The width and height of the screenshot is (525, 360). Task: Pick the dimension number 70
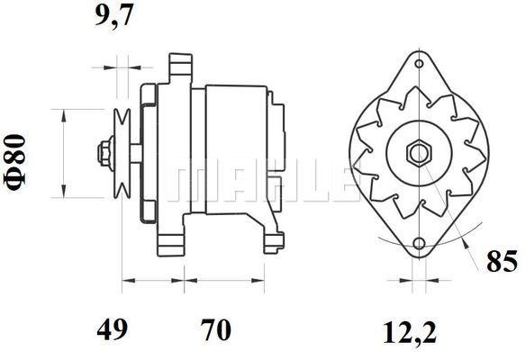(x=216, y=329)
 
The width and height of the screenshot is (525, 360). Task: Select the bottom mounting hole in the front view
(x=420, y=244)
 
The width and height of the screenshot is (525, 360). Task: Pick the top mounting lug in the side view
(x=180, y=67)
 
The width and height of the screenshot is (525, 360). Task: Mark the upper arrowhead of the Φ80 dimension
(x=62, y=114)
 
